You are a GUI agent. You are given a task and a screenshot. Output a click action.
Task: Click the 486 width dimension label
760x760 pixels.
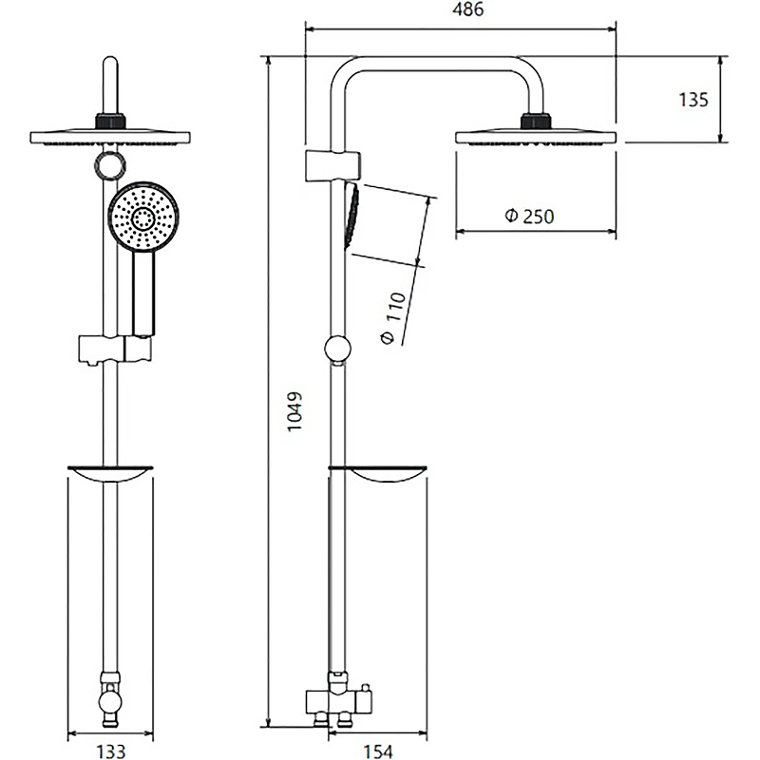click(x=461, y=10)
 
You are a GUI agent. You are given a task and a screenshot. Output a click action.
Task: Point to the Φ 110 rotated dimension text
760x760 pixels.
click(x=394, y=317)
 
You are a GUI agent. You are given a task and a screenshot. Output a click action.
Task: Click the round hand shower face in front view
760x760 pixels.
click(x=142, y=218)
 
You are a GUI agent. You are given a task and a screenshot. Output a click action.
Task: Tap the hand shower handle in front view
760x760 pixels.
click(x=143, y=294)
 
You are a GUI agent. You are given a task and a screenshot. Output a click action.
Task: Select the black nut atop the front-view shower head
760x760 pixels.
click(x=111, y=122)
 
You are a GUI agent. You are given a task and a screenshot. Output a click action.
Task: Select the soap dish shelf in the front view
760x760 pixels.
click(x=111, y=475)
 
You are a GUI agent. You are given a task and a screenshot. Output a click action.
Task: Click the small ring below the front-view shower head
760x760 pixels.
click(x=109, y=164)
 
